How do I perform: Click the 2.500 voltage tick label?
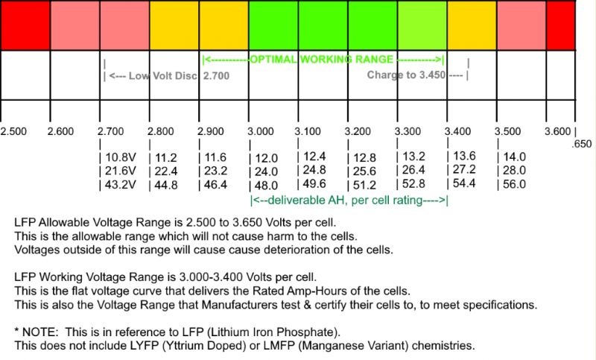13,131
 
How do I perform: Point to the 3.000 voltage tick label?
261,131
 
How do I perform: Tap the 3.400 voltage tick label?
458,131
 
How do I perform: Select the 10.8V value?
115,158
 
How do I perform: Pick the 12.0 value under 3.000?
265,158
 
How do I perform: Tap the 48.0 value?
265,186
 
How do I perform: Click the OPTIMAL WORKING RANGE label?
323,59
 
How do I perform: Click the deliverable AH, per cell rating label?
349,200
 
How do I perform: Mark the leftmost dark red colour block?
25,25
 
